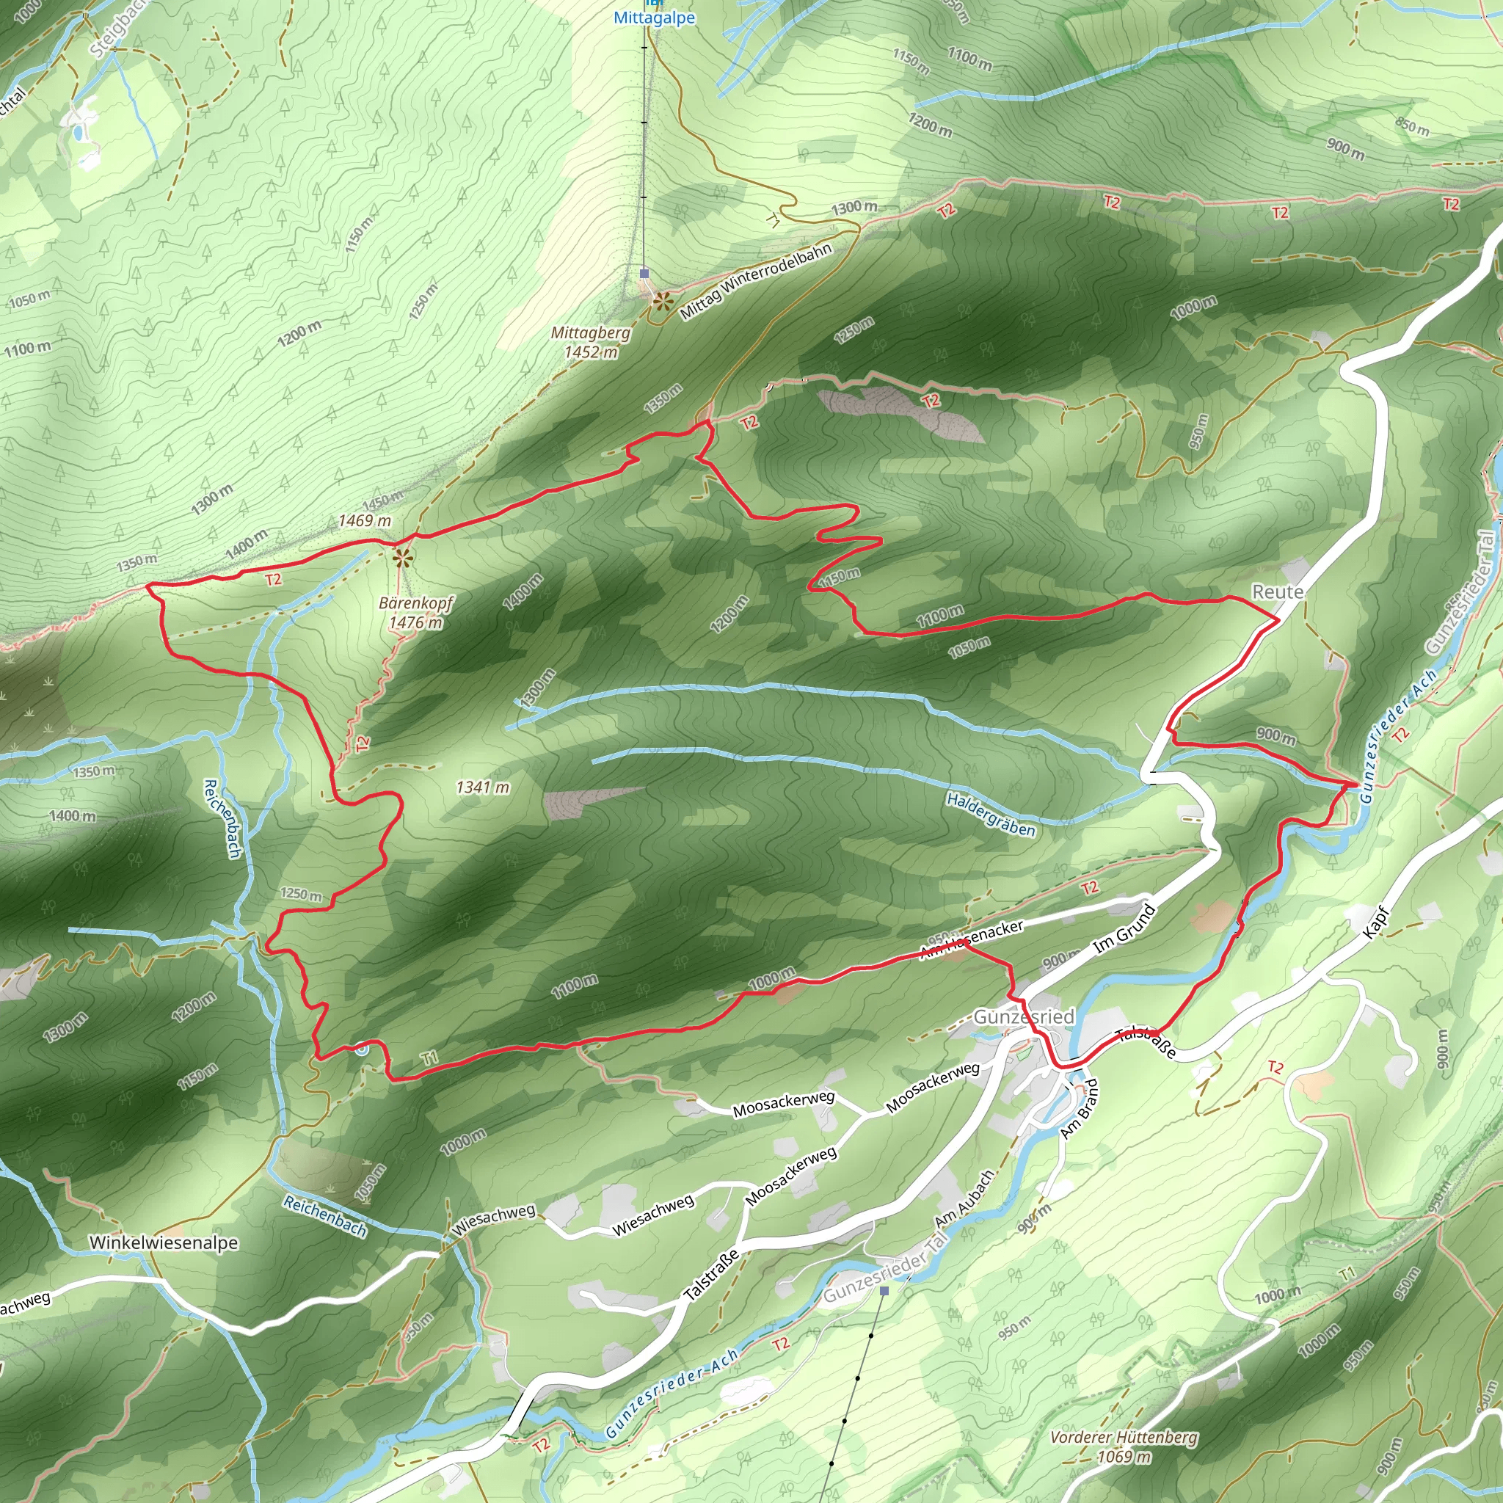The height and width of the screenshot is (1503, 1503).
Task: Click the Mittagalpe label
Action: click(653, 18)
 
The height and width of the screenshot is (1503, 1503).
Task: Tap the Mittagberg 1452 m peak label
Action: click(592, 342)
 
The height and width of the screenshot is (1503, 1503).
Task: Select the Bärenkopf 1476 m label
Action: click(415, 612)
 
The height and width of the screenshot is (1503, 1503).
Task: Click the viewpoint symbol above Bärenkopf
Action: click(401, 557)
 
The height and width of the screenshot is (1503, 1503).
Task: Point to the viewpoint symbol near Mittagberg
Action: click(662, 302)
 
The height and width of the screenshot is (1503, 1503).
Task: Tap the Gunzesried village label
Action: click(1024, 1016)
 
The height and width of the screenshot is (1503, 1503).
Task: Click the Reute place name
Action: click(1278, 592)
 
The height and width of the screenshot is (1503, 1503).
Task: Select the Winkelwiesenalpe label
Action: click(164, 1242)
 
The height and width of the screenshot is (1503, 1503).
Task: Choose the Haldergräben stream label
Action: click(991, 815)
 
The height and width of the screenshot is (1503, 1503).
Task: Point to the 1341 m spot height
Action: click(482, 787)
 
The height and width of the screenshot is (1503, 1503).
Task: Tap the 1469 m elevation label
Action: click(365, 520)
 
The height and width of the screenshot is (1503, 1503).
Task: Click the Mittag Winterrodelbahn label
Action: click(756, 282)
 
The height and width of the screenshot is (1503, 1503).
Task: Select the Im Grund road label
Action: click(1125, 929)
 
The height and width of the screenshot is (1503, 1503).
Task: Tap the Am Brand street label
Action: click(1081, 1109)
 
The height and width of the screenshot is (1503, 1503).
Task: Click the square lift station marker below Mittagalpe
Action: click(644, 273)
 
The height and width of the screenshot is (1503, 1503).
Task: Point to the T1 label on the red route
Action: click(429, 1058)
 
